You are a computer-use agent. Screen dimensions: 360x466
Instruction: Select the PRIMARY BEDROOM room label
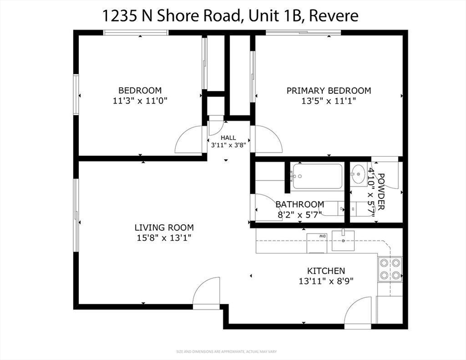328,90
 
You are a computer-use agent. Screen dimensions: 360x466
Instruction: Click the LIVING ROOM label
164,228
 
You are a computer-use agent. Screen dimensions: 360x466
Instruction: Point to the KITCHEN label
326,271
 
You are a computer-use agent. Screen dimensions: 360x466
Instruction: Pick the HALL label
228,138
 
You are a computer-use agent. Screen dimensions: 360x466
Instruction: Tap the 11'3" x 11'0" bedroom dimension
140,100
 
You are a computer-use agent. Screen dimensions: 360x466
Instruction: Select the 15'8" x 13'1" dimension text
164,238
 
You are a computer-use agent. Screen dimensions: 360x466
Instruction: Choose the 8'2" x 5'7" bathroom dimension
299,215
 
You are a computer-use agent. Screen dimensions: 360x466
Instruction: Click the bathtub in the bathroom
316,176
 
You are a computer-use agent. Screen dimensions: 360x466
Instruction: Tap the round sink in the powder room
359,174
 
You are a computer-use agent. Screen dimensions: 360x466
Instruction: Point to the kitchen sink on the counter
343,240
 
